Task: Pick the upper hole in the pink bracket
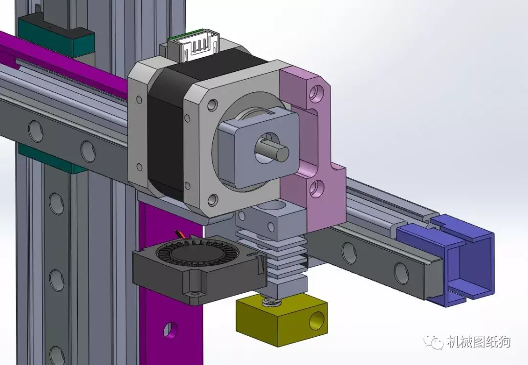point(318,91)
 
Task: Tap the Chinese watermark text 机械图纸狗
point(478,342)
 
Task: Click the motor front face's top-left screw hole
point(213,104)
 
